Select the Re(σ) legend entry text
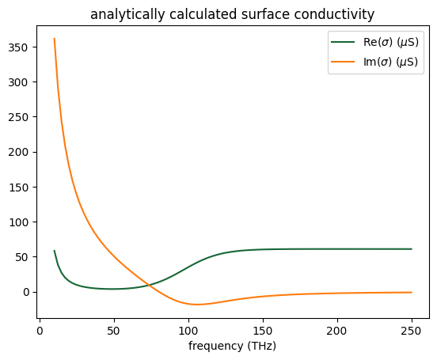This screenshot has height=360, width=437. click(387, 43)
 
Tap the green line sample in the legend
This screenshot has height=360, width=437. click(344, 43)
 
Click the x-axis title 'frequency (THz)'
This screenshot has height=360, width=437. click(232, 346)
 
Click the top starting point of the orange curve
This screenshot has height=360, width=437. click(54, 39)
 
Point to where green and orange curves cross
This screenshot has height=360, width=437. click(147, 285)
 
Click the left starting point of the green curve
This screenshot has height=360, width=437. click(54, 251)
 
